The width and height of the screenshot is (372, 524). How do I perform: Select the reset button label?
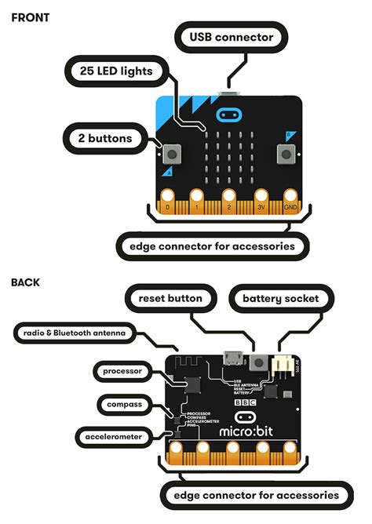tap(170, 298)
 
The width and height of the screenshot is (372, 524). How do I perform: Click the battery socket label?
tap(279, 298)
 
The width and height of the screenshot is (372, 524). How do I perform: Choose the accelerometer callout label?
tap(115, 435)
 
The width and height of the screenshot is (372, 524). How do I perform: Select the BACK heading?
tap(25, 282)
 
